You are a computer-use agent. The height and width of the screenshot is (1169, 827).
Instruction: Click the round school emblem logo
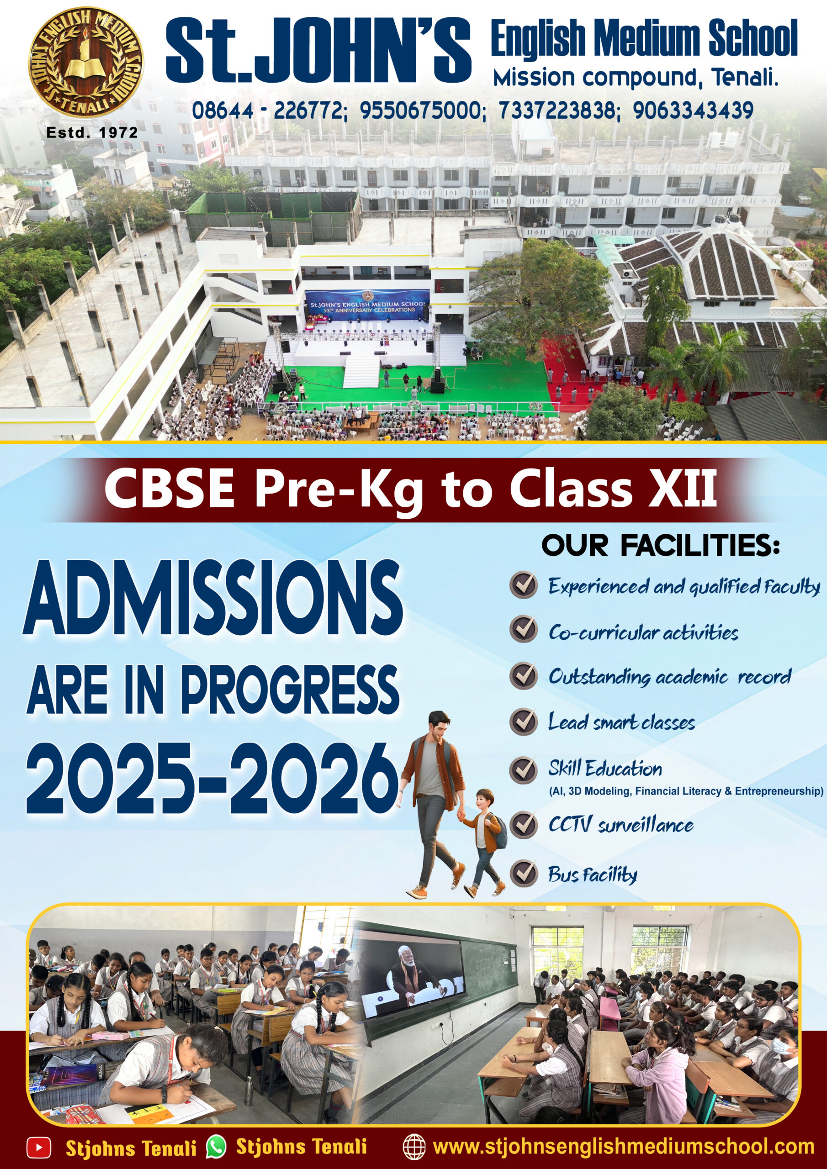point(85,62)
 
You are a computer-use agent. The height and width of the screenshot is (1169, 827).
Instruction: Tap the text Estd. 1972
point(92,133)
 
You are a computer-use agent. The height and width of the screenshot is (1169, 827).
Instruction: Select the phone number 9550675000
point(420,111)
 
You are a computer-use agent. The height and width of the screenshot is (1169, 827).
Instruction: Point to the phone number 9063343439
point(693,111)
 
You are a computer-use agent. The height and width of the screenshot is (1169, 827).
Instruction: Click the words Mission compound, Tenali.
point(636,78)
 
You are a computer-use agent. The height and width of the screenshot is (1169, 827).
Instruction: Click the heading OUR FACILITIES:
point(660,546)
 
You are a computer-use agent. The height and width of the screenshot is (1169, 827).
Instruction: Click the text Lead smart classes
point(621,722)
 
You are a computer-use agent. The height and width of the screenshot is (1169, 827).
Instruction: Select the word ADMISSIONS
point(212,597)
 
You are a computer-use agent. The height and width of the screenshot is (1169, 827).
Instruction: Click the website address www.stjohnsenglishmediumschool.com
point(624,1147)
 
